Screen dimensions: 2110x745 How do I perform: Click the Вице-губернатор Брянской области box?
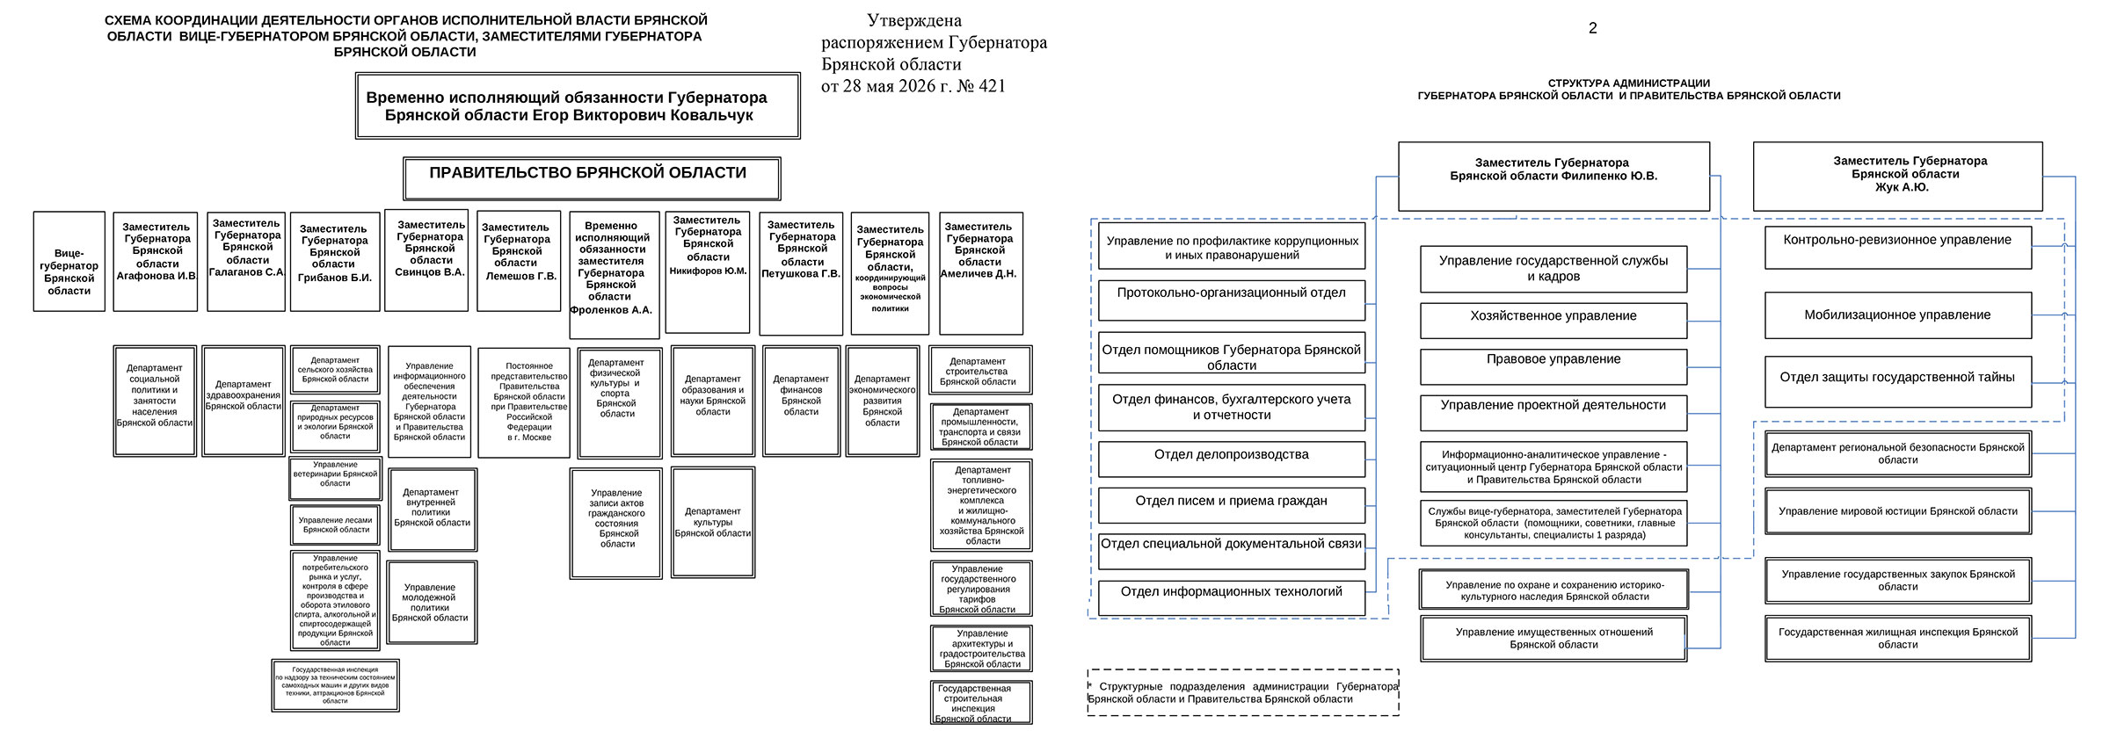click(x=69, y=261)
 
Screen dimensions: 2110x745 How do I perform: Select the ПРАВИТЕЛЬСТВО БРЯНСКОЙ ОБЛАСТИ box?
click(x=592, y=178)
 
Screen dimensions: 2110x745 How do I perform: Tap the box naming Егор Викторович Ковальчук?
click(x=578, y=106)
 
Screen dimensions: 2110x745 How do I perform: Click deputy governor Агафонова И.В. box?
click(x=156, y=261)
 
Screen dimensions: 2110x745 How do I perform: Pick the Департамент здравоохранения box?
click(x=244, y=401)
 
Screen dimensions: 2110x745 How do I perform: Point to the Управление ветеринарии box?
click(x=336, y=479)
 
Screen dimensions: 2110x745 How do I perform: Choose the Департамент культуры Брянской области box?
click(x=713, y=522)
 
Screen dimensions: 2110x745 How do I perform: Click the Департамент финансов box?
click(x=801, y=401)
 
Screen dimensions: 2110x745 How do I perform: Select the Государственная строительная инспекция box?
click(x=981, y=703)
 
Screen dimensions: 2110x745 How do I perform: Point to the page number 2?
click(x=1592, y=28)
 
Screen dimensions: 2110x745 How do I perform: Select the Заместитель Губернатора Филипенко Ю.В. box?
click(x=1553, y=177)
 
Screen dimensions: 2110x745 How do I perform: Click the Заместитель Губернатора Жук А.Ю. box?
click(x=1897, y=176)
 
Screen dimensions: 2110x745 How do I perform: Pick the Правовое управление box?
click(x=1553, y=367)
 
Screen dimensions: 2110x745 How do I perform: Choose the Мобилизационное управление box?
click(x=1898, y=315)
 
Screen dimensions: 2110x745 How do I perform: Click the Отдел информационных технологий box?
click(x=1232, y=598)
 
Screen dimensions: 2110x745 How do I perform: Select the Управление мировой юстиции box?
click(x=1898, y=511)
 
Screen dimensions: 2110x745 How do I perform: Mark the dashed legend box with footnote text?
click(x=1243, y=693)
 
